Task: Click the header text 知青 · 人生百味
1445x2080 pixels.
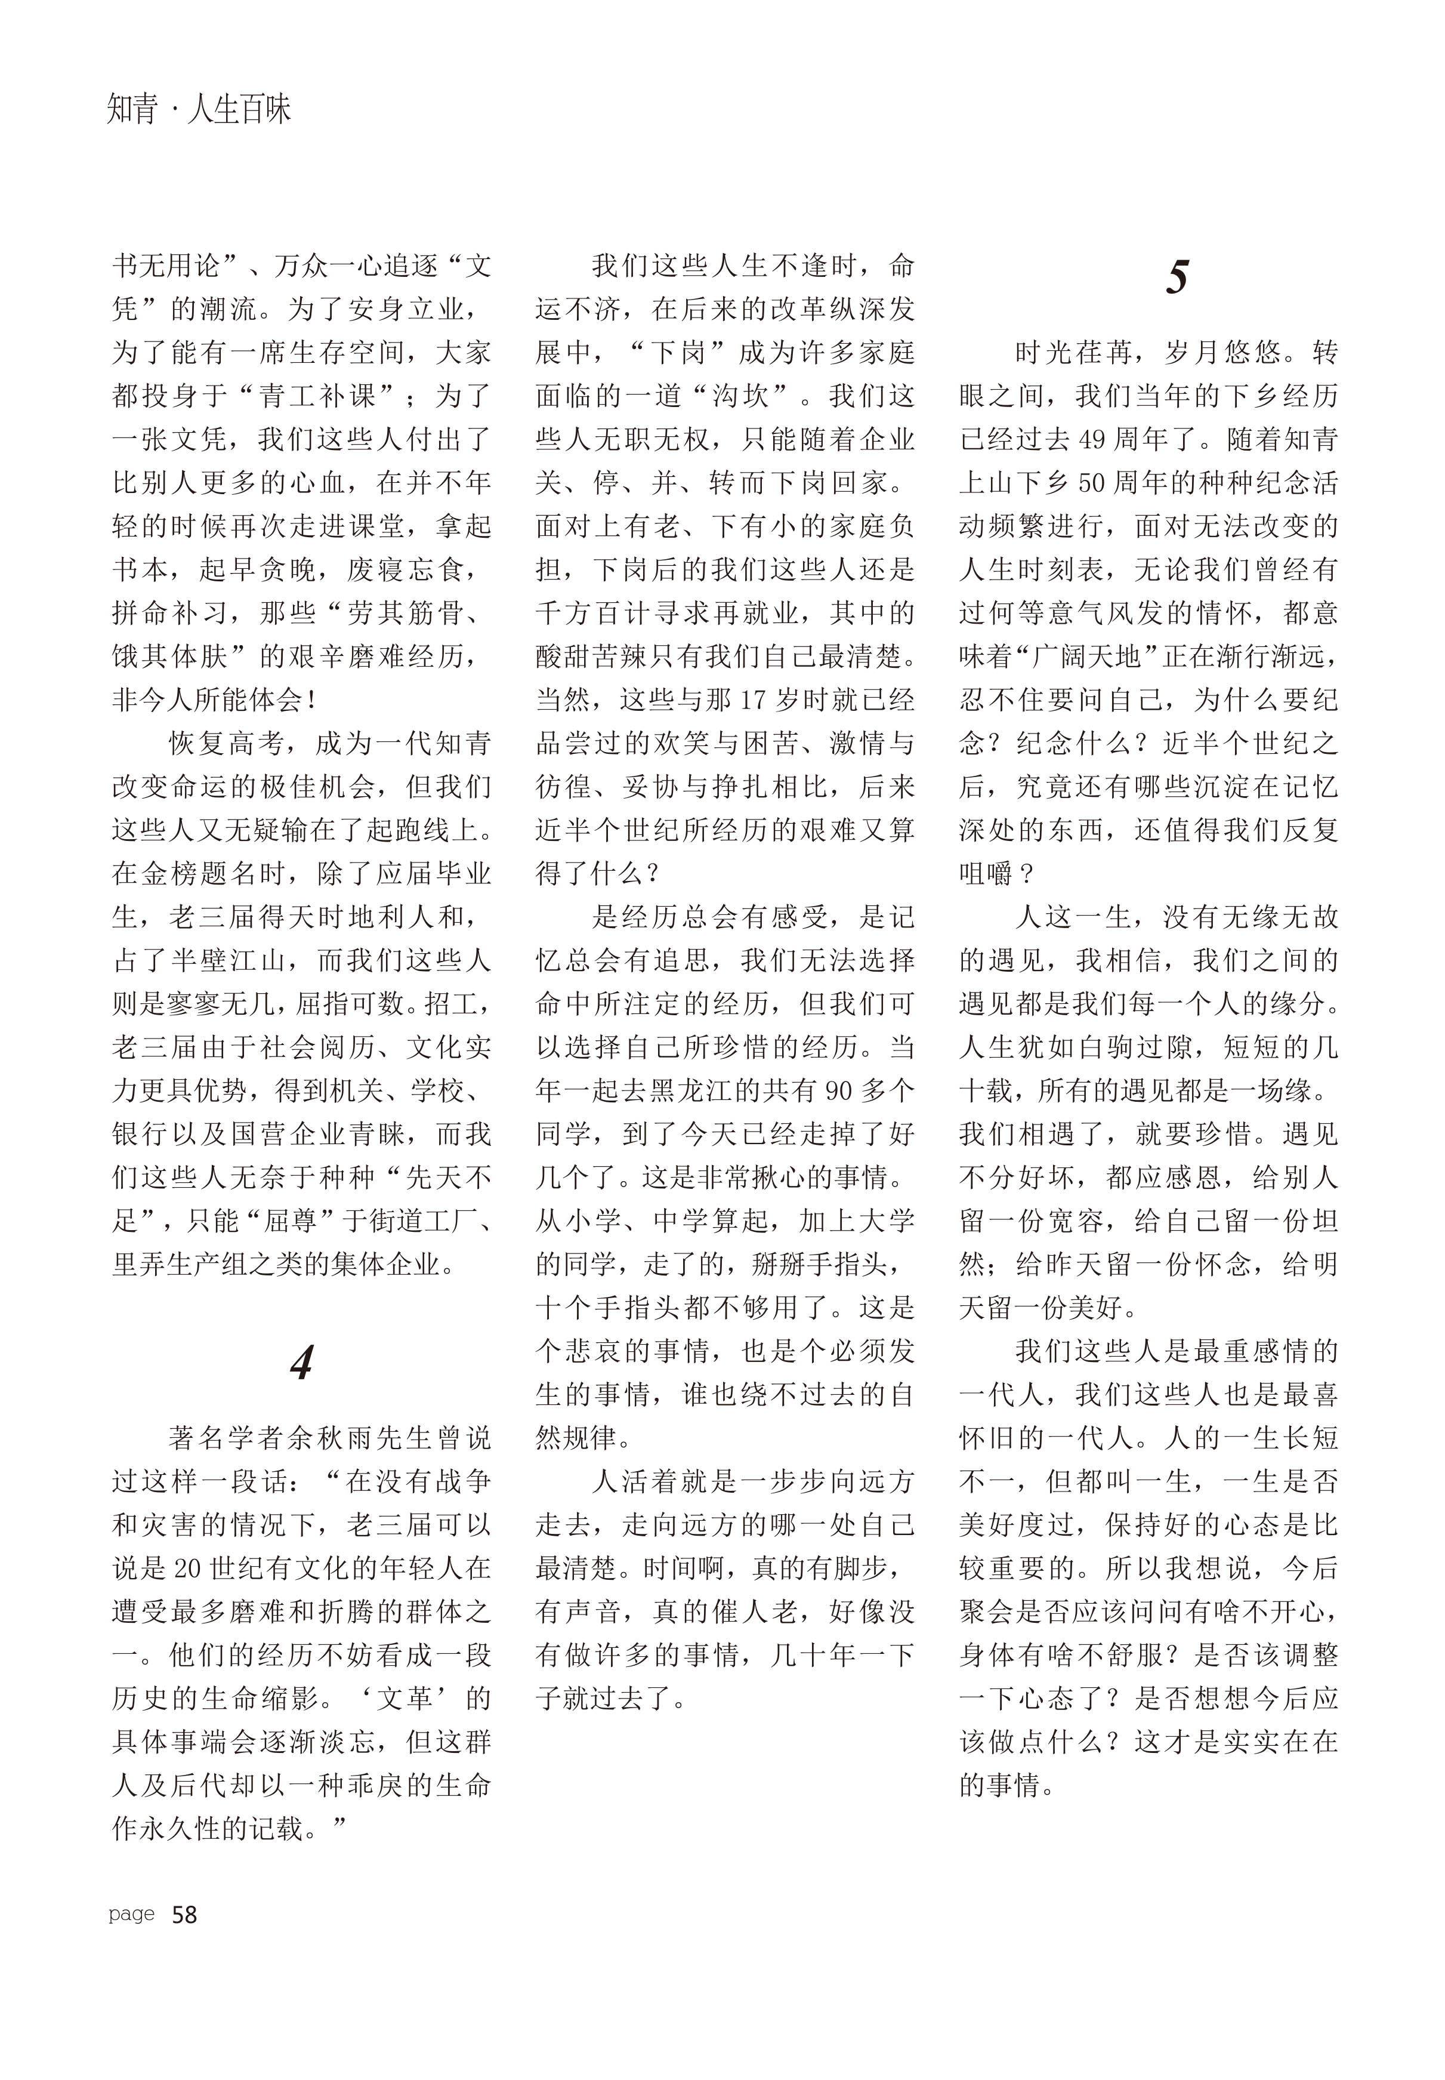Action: click(199, 110)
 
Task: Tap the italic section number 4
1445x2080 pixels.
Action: click(301, 1363)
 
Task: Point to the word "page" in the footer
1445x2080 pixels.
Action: click(131, 1914)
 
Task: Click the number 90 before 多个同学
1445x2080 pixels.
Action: click(840, 1091)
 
